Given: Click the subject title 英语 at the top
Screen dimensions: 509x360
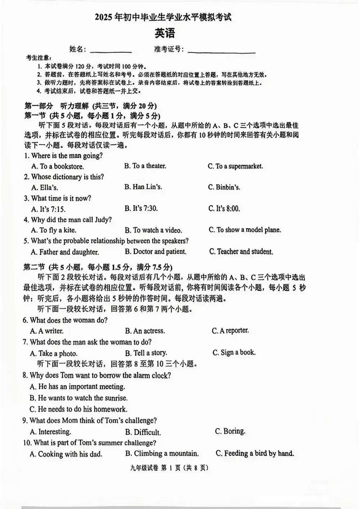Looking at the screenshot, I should point(165,34).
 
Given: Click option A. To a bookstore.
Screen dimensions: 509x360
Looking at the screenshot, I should point(58,166).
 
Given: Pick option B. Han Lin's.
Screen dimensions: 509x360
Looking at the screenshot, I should point(143,187).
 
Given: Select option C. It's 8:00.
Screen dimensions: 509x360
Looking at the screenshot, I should point(224,209).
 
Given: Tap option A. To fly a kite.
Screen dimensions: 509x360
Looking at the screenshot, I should point(54,230).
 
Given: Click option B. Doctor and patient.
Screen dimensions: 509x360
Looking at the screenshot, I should point(156,252).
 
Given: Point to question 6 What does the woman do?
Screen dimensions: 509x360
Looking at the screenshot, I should point(65,320).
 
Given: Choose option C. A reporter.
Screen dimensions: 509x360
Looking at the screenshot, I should point(230,331).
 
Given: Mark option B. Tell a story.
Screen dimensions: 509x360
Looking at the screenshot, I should point(146,353).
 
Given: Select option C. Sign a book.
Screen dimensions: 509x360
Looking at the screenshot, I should point(234,353).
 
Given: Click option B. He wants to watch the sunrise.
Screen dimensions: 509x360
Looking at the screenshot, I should point(78,398).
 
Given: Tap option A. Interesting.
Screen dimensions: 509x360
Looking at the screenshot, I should point(50,432).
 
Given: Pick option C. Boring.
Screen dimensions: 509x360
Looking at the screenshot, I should point(230,431).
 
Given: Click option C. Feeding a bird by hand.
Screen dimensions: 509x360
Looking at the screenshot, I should point(255,454).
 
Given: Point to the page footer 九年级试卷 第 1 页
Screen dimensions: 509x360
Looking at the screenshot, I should point(170,468).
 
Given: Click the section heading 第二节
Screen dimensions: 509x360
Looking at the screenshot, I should point(34,267).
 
